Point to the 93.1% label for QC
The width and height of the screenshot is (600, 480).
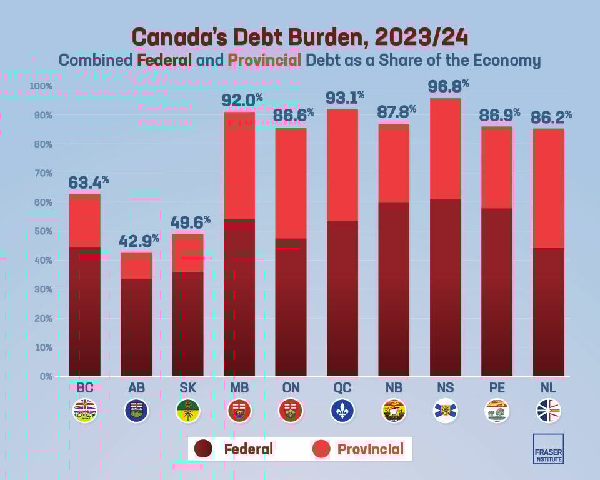(x=344, y=97)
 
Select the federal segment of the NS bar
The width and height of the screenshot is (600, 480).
(x=446, y=287)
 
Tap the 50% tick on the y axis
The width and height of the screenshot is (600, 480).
(x=43, y=231)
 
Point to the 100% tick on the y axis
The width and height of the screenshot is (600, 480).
(x=41, y=86)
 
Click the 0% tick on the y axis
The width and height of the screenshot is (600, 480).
(x=46, y=376)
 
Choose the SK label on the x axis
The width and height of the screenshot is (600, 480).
(x=187, y=388)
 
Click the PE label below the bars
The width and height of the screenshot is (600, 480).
(x=497, y=388)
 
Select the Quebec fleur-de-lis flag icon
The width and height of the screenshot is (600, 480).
(x=342, y=411)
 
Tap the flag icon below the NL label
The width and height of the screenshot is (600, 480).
(x=549, y=411)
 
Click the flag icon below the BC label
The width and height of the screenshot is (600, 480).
(x=85, y=411)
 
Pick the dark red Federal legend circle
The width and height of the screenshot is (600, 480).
(x=205, y=449)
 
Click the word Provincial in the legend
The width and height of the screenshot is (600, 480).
(x=370, y=449)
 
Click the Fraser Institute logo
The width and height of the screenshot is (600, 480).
(x=548, y=449)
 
